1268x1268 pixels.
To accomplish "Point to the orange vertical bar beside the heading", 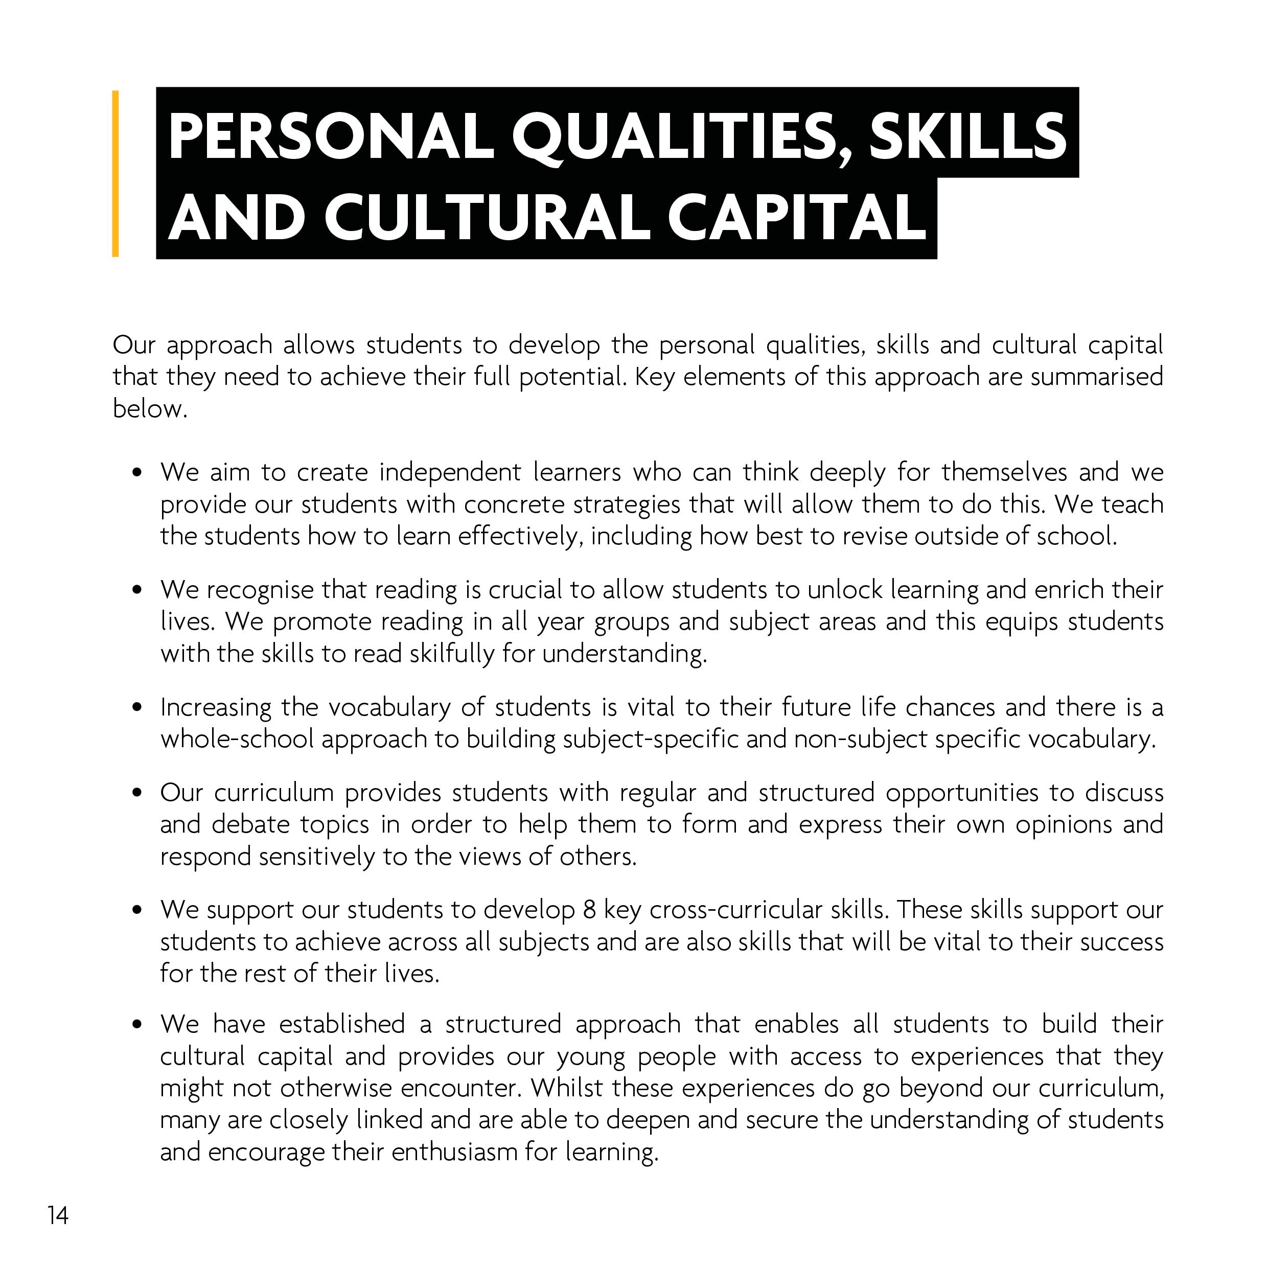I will [116, 173].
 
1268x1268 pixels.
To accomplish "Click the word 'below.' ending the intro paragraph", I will [150, 409].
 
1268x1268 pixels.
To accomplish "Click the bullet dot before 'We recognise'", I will [136, 589].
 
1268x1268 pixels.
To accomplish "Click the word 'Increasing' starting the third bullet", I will [216, 707].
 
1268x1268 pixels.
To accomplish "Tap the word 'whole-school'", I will [238, 740].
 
